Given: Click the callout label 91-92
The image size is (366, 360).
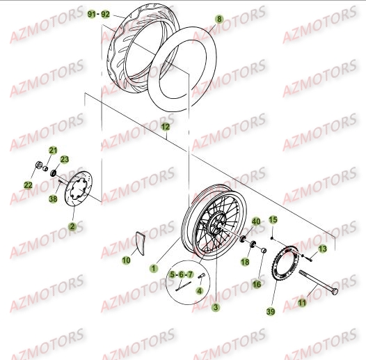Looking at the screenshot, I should [x=100, y=14].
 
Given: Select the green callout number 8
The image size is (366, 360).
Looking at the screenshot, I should [x=220, y=20].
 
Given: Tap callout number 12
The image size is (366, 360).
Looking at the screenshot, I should [x=165, y=127].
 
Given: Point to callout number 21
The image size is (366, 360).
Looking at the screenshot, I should [x=51, y=151].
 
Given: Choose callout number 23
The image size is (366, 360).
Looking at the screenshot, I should [x=66, y=159].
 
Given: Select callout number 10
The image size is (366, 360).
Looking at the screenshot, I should [x=126, y=260].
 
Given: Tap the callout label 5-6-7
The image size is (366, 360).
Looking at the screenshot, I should [x=181, y=275].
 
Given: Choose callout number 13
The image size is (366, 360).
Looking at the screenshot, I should [x=322, y=249].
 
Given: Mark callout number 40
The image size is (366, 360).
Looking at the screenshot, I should [x=256, y=222].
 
